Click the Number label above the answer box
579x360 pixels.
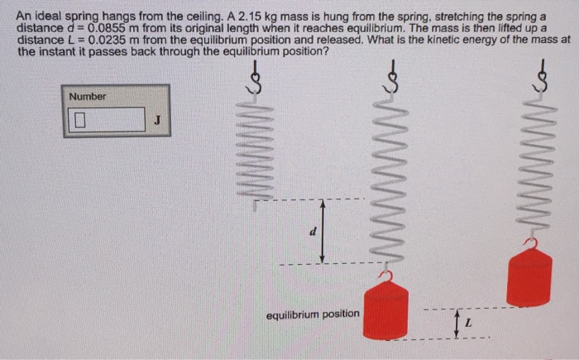(88, 97)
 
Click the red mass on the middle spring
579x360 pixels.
(385, 309)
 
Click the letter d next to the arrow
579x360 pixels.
(313, 231)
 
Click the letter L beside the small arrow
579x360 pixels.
(467, 322)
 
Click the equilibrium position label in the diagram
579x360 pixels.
(313, 314)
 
